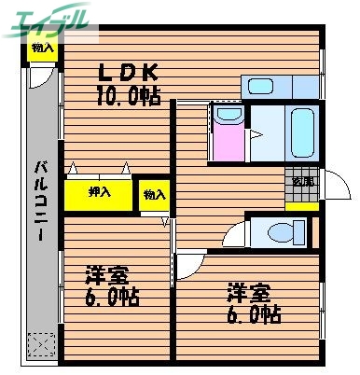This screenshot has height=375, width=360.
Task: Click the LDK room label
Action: (124, 73)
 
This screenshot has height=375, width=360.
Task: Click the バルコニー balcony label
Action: (42, 201)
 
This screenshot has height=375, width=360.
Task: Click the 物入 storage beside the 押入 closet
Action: (155, 195)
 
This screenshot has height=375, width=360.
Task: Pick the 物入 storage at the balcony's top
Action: (42, 49)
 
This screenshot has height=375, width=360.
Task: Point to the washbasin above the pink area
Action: (227, 117)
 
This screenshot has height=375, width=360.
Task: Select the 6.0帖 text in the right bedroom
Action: (252, 314)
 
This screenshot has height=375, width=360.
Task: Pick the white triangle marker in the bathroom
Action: (254, 133)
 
